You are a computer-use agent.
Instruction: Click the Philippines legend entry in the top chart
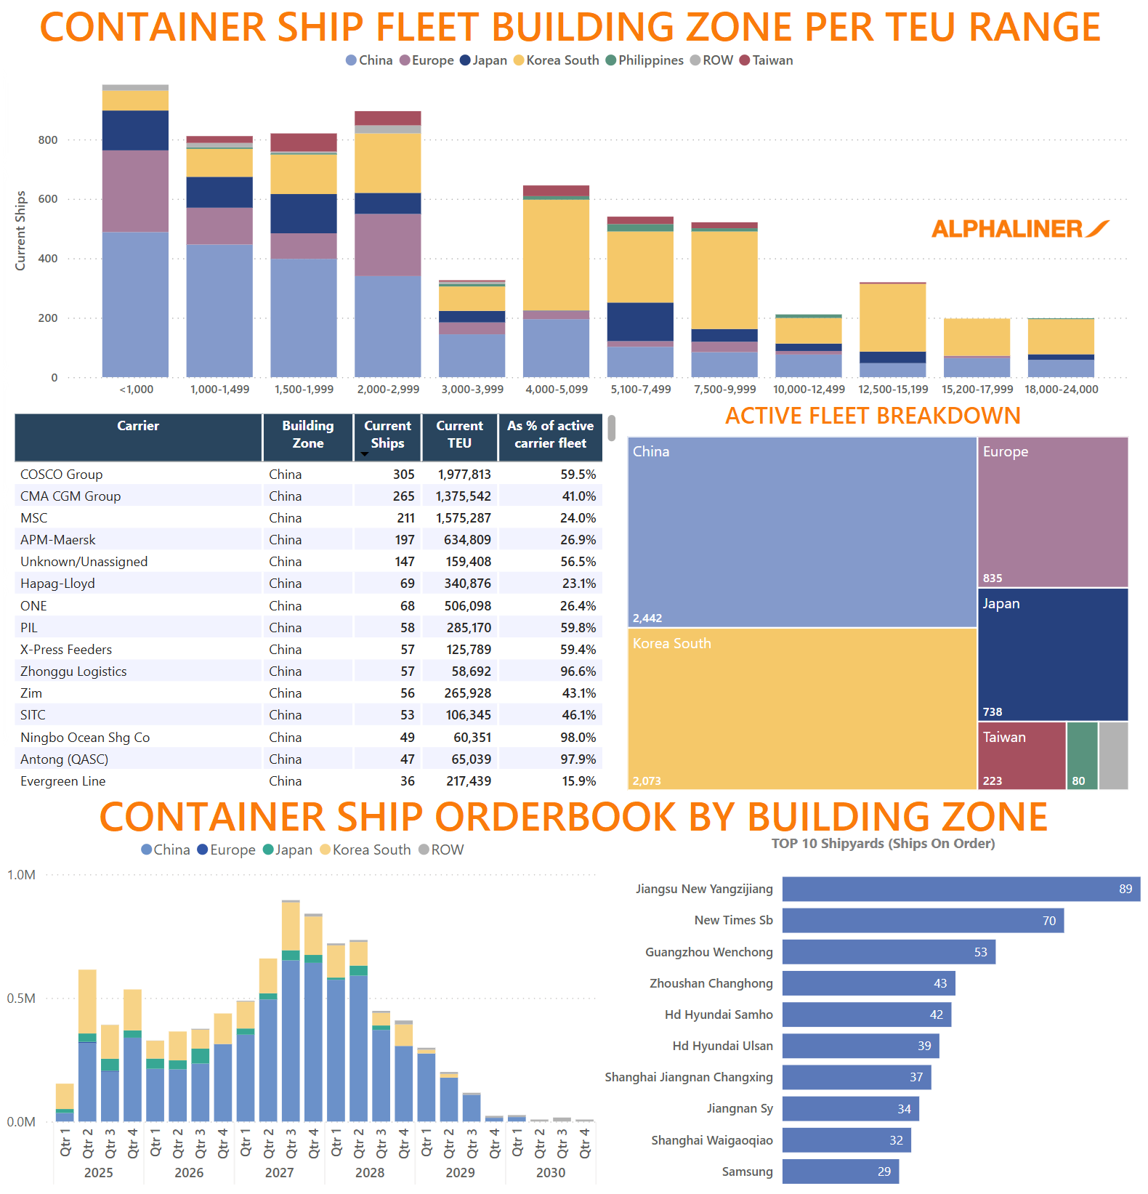650,60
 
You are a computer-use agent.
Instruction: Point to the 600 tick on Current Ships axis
48,199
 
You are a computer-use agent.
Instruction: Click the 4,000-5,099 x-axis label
556,390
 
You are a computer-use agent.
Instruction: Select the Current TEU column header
459,435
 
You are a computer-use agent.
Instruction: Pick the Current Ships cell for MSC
405,518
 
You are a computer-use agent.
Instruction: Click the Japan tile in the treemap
1052,654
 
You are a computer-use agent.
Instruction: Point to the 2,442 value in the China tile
647,618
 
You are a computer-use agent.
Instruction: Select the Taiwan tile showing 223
1020,756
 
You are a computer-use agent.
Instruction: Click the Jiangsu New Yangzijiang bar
960,889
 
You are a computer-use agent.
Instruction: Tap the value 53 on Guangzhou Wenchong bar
980,952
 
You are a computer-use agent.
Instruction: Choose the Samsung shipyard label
747,1171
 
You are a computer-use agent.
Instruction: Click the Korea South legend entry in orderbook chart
371,850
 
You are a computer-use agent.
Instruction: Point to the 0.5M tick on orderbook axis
21,999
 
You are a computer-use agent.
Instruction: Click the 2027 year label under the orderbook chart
279,1172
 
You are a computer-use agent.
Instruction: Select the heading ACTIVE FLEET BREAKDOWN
873,416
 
